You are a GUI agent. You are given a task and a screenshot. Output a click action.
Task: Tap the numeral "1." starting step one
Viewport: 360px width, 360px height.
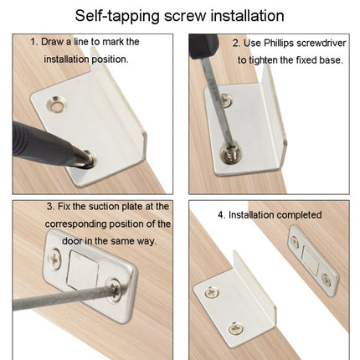coord(34,40)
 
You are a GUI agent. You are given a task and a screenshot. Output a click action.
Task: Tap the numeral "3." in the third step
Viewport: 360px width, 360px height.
coord(51,206)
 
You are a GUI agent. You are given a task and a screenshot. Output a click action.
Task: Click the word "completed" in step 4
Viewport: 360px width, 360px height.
coord(293,214)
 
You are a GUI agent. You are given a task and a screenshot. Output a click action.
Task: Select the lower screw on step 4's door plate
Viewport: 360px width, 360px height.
coord(326,280)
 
